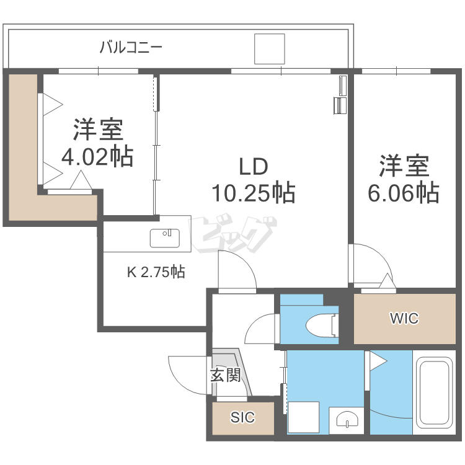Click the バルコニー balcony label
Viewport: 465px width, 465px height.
click(x=131, y=48)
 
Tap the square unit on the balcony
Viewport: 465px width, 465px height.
click(x=270, y=49)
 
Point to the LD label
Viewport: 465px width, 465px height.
click(x=254, y=166)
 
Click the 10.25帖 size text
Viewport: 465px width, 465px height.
click(x=254, y=193)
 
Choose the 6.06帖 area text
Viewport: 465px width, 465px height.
click(x=404, y=193)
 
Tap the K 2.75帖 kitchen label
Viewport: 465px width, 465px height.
click(x=156, y=272)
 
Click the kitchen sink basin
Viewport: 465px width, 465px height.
click(x=164, y=238)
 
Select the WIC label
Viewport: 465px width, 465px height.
click(x=404, y=319)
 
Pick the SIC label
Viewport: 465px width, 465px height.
click(x=242, y=417)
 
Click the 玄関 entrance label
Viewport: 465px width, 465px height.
click(x=225, y=376)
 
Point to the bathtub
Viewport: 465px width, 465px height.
click(x=435, y=392)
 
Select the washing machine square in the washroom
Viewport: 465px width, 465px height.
click(x=303, y=417)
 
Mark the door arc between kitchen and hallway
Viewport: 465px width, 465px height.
click(x=247, y=261)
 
